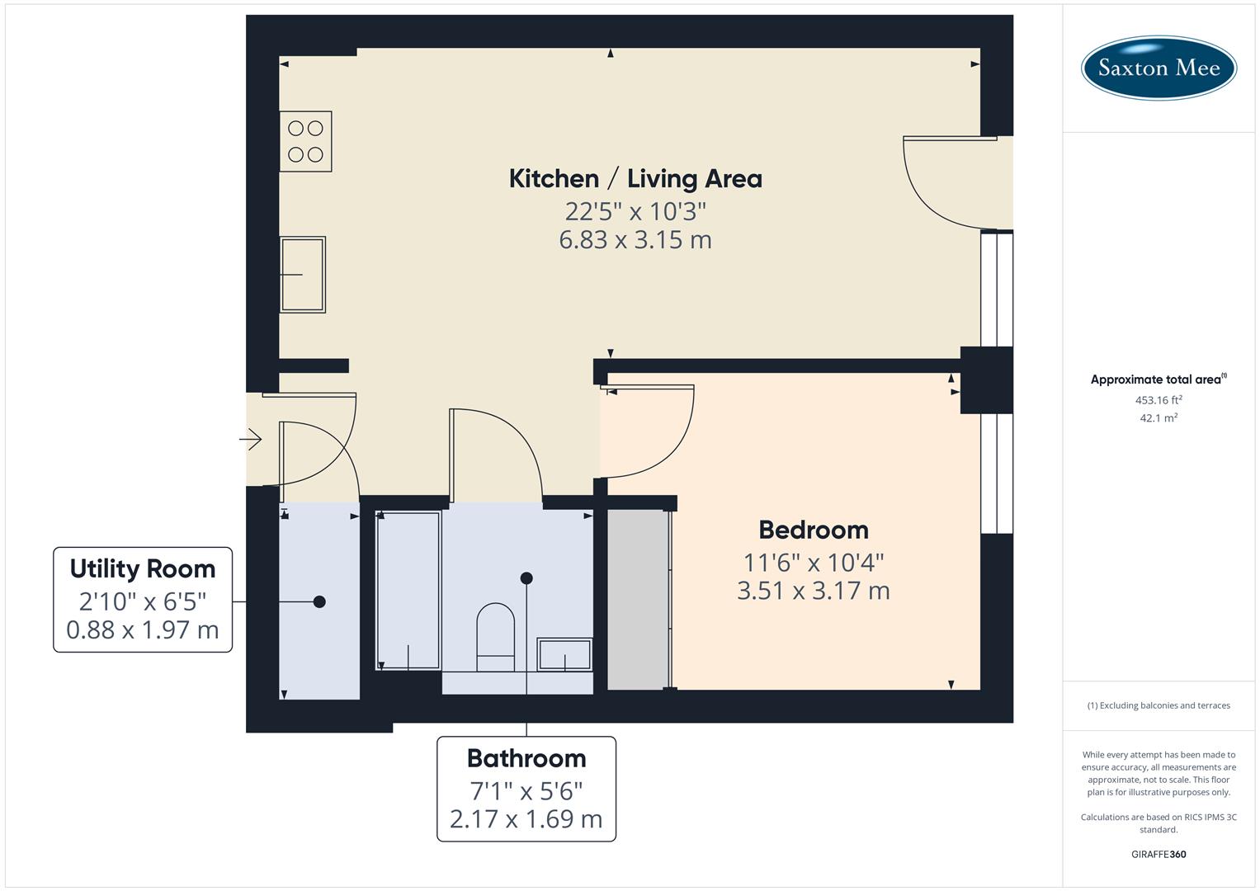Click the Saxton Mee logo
tap(1158, 68)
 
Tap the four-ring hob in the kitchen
tap(305, 141)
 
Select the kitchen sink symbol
tap(303, 274)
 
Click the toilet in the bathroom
tap(495, 636)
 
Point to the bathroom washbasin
tap(564, 654)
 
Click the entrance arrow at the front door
tap(251, 439)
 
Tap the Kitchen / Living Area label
tap(635, 178)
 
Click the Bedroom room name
tap(813, 530)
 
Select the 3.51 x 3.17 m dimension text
tap(813, 591)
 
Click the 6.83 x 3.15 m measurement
tap(635, 240)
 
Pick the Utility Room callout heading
tap(143, 568)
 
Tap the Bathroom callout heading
tap(526, 758)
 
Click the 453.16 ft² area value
tap(1158, 400)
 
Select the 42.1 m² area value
tap(1158, 418)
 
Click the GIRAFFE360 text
tap(1158, 854)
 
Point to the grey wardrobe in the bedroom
tap(637, 599)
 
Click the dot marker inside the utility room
tap(319, 601)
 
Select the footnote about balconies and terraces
tap(1158, 705)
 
